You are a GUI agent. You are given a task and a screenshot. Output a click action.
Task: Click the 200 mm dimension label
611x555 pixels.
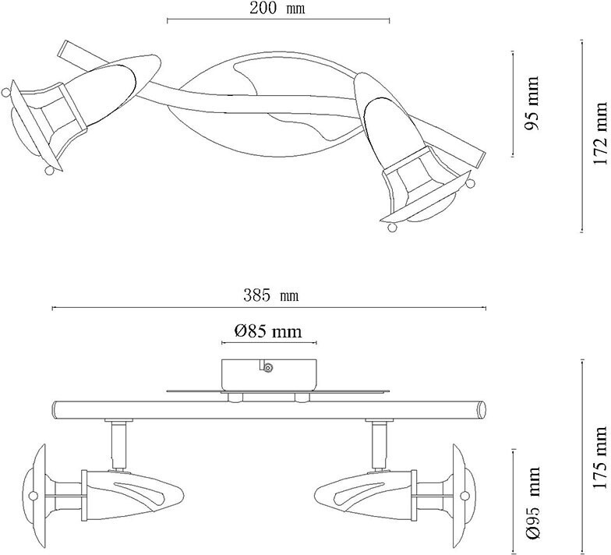(277, 9)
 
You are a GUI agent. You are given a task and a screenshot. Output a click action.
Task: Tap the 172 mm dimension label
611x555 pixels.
(600, 133)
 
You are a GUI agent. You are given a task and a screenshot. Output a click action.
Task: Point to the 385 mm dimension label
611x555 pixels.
(270, 296)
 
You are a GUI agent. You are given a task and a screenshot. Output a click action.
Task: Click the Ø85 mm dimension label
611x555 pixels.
(267, 331)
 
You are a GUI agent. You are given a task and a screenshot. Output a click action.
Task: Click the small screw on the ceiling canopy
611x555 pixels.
(267, 367)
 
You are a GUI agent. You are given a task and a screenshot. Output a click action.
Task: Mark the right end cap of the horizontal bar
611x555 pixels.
(482, 408)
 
